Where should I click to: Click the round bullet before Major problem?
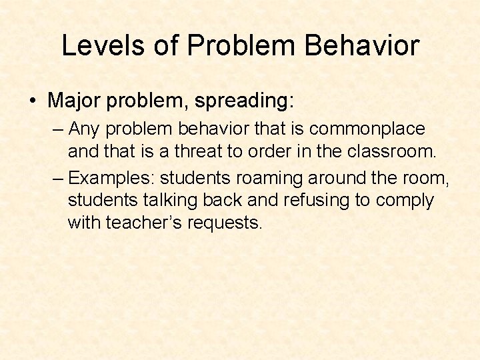pyautogui.click(x=33, y=101)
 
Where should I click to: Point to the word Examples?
pyautogui.click(x=111, y=178)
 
